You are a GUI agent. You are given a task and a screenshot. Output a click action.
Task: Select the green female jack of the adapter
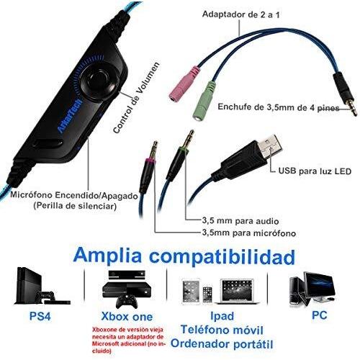(204, 100)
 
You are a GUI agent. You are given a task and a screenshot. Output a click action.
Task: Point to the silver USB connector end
(269, 146)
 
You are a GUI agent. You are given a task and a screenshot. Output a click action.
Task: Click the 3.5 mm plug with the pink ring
(149, 167)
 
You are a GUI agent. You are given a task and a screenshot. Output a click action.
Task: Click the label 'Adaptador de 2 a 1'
(241, 14)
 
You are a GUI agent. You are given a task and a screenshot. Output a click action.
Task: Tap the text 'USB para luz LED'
(315, 171)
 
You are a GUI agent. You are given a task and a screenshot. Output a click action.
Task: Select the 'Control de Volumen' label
(136, 97)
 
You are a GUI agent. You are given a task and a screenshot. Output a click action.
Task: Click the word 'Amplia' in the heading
(107, 256)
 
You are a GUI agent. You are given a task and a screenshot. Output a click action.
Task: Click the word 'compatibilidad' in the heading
(222, 256)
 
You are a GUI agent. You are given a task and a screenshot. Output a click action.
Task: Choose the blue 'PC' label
(320, 315)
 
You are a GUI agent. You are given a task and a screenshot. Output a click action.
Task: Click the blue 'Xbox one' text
(127, 316)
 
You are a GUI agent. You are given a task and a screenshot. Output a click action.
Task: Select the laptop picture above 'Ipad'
(237, 292)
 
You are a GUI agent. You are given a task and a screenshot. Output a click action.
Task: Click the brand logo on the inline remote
(70, 114)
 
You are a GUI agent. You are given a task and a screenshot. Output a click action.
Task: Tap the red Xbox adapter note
(129, 340)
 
